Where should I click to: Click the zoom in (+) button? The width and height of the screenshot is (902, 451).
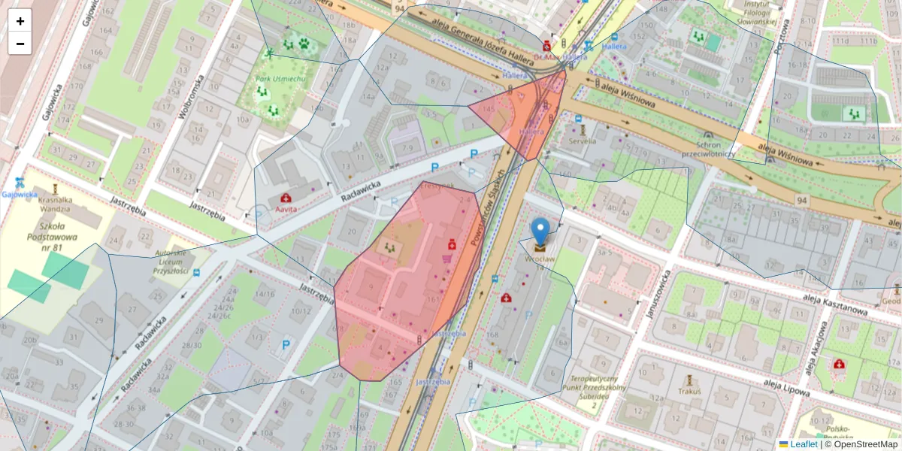20,21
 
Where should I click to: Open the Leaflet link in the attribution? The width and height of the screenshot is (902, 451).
803,444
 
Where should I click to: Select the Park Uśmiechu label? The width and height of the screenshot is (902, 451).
280,79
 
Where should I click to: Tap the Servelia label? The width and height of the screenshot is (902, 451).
583,141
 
